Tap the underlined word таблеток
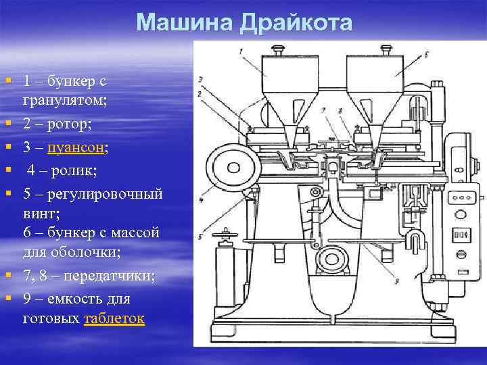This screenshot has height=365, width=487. pos(114,319)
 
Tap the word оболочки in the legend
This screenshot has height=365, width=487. pos(85,253)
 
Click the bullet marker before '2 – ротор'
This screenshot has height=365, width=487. pos(8,124)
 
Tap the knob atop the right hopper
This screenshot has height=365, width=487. pos(386,49)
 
